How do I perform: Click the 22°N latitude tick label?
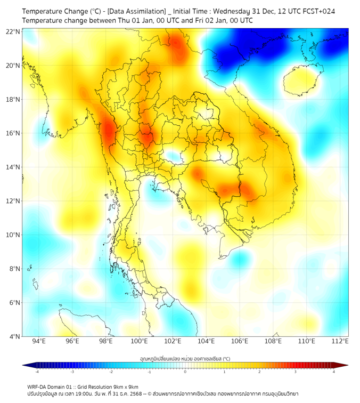point(13,31)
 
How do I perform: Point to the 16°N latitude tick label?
point(13,133)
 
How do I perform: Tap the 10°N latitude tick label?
point(13,235)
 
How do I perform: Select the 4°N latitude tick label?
point(14,337)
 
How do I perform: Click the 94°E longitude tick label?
point(39,341)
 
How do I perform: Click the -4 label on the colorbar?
point(36,372)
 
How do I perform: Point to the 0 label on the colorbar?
point(185,372)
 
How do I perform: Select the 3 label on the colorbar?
point(296,372)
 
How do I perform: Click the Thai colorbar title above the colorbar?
point(185,358)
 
